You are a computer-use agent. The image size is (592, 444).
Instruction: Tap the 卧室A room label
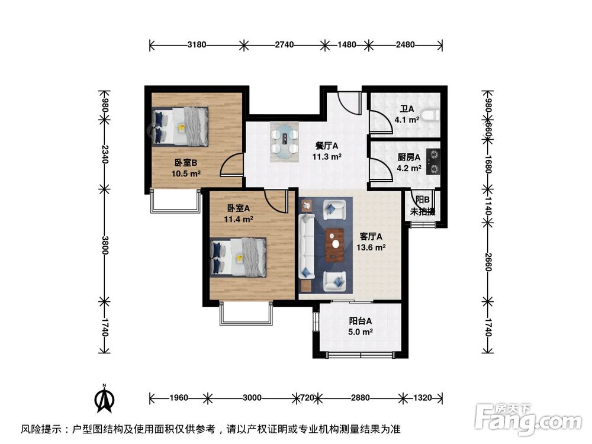[x=239, y=214]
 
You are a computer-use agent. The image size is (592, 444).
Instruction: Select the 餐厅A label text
[x=326, y=152]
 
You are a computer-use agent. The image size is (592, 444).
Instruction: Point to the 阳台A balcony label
[x=361, y=327]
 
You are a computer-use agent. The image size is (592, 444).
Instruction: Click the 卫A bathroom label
[x=407, y=114]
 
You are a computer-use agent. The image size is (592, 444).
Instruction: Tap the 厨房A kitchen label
[x=408, y=163]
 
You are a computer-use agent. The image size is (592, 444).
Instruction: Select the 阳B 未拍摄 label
[x=422, y=206]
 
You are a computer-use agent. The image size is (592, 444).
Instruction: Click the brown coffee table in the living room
[x=335, y=244]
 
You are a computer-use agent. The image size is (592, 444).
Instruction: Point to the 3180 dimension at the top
[x=197, y=44]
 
